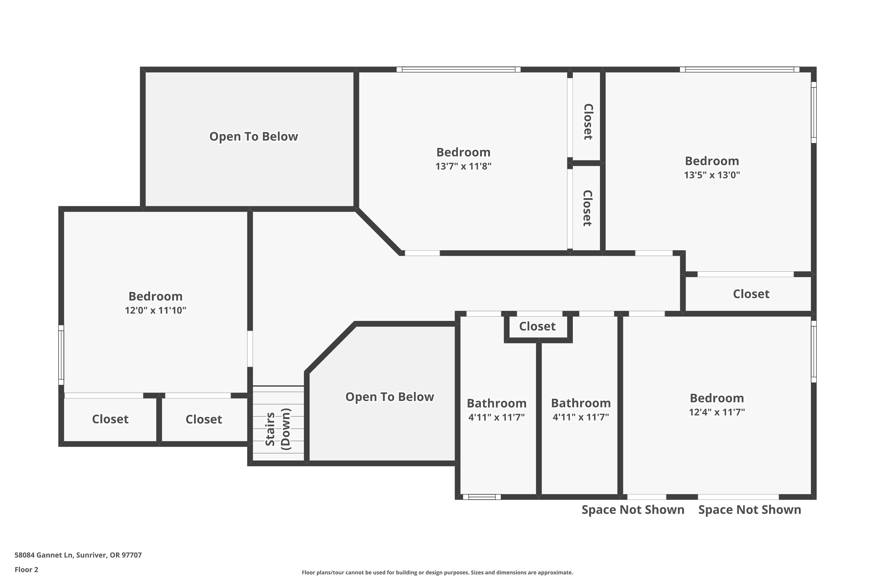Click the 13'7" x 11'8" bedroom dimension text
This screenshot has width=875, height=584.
click(x=463, y=166)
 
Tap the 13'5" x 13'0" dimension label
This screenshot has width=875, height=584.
click(x=712, y=175)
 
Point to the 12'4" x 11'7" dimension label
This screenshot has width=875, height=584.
click(x=717, y=412)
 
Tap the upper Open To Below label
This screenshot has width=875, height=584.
click(x=253, y=136)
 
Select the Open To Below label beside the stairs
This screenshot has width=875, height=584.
click(x=389, y=397)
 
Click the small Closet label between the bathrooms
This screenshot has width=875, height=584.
click(x=537, y=326)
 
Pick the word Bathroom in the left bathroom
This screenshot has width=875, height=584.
click(x=496, y=403)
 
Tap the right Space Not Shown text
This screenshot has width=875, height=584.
click(x=749, y=510)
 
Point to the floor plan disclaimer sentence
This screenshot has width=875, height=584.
click(x=437, y=572)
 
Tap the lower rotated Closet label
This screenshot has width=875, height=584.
click(x=587, y=208)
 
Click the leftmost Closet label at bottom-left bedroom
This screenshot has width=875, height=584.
click(x=110, y=419)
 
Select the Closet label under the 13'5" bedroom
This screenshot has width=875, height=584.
click(x=751, y=294)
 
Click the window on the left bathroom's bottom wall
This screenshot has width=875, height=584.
click(x=482, y=497)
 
